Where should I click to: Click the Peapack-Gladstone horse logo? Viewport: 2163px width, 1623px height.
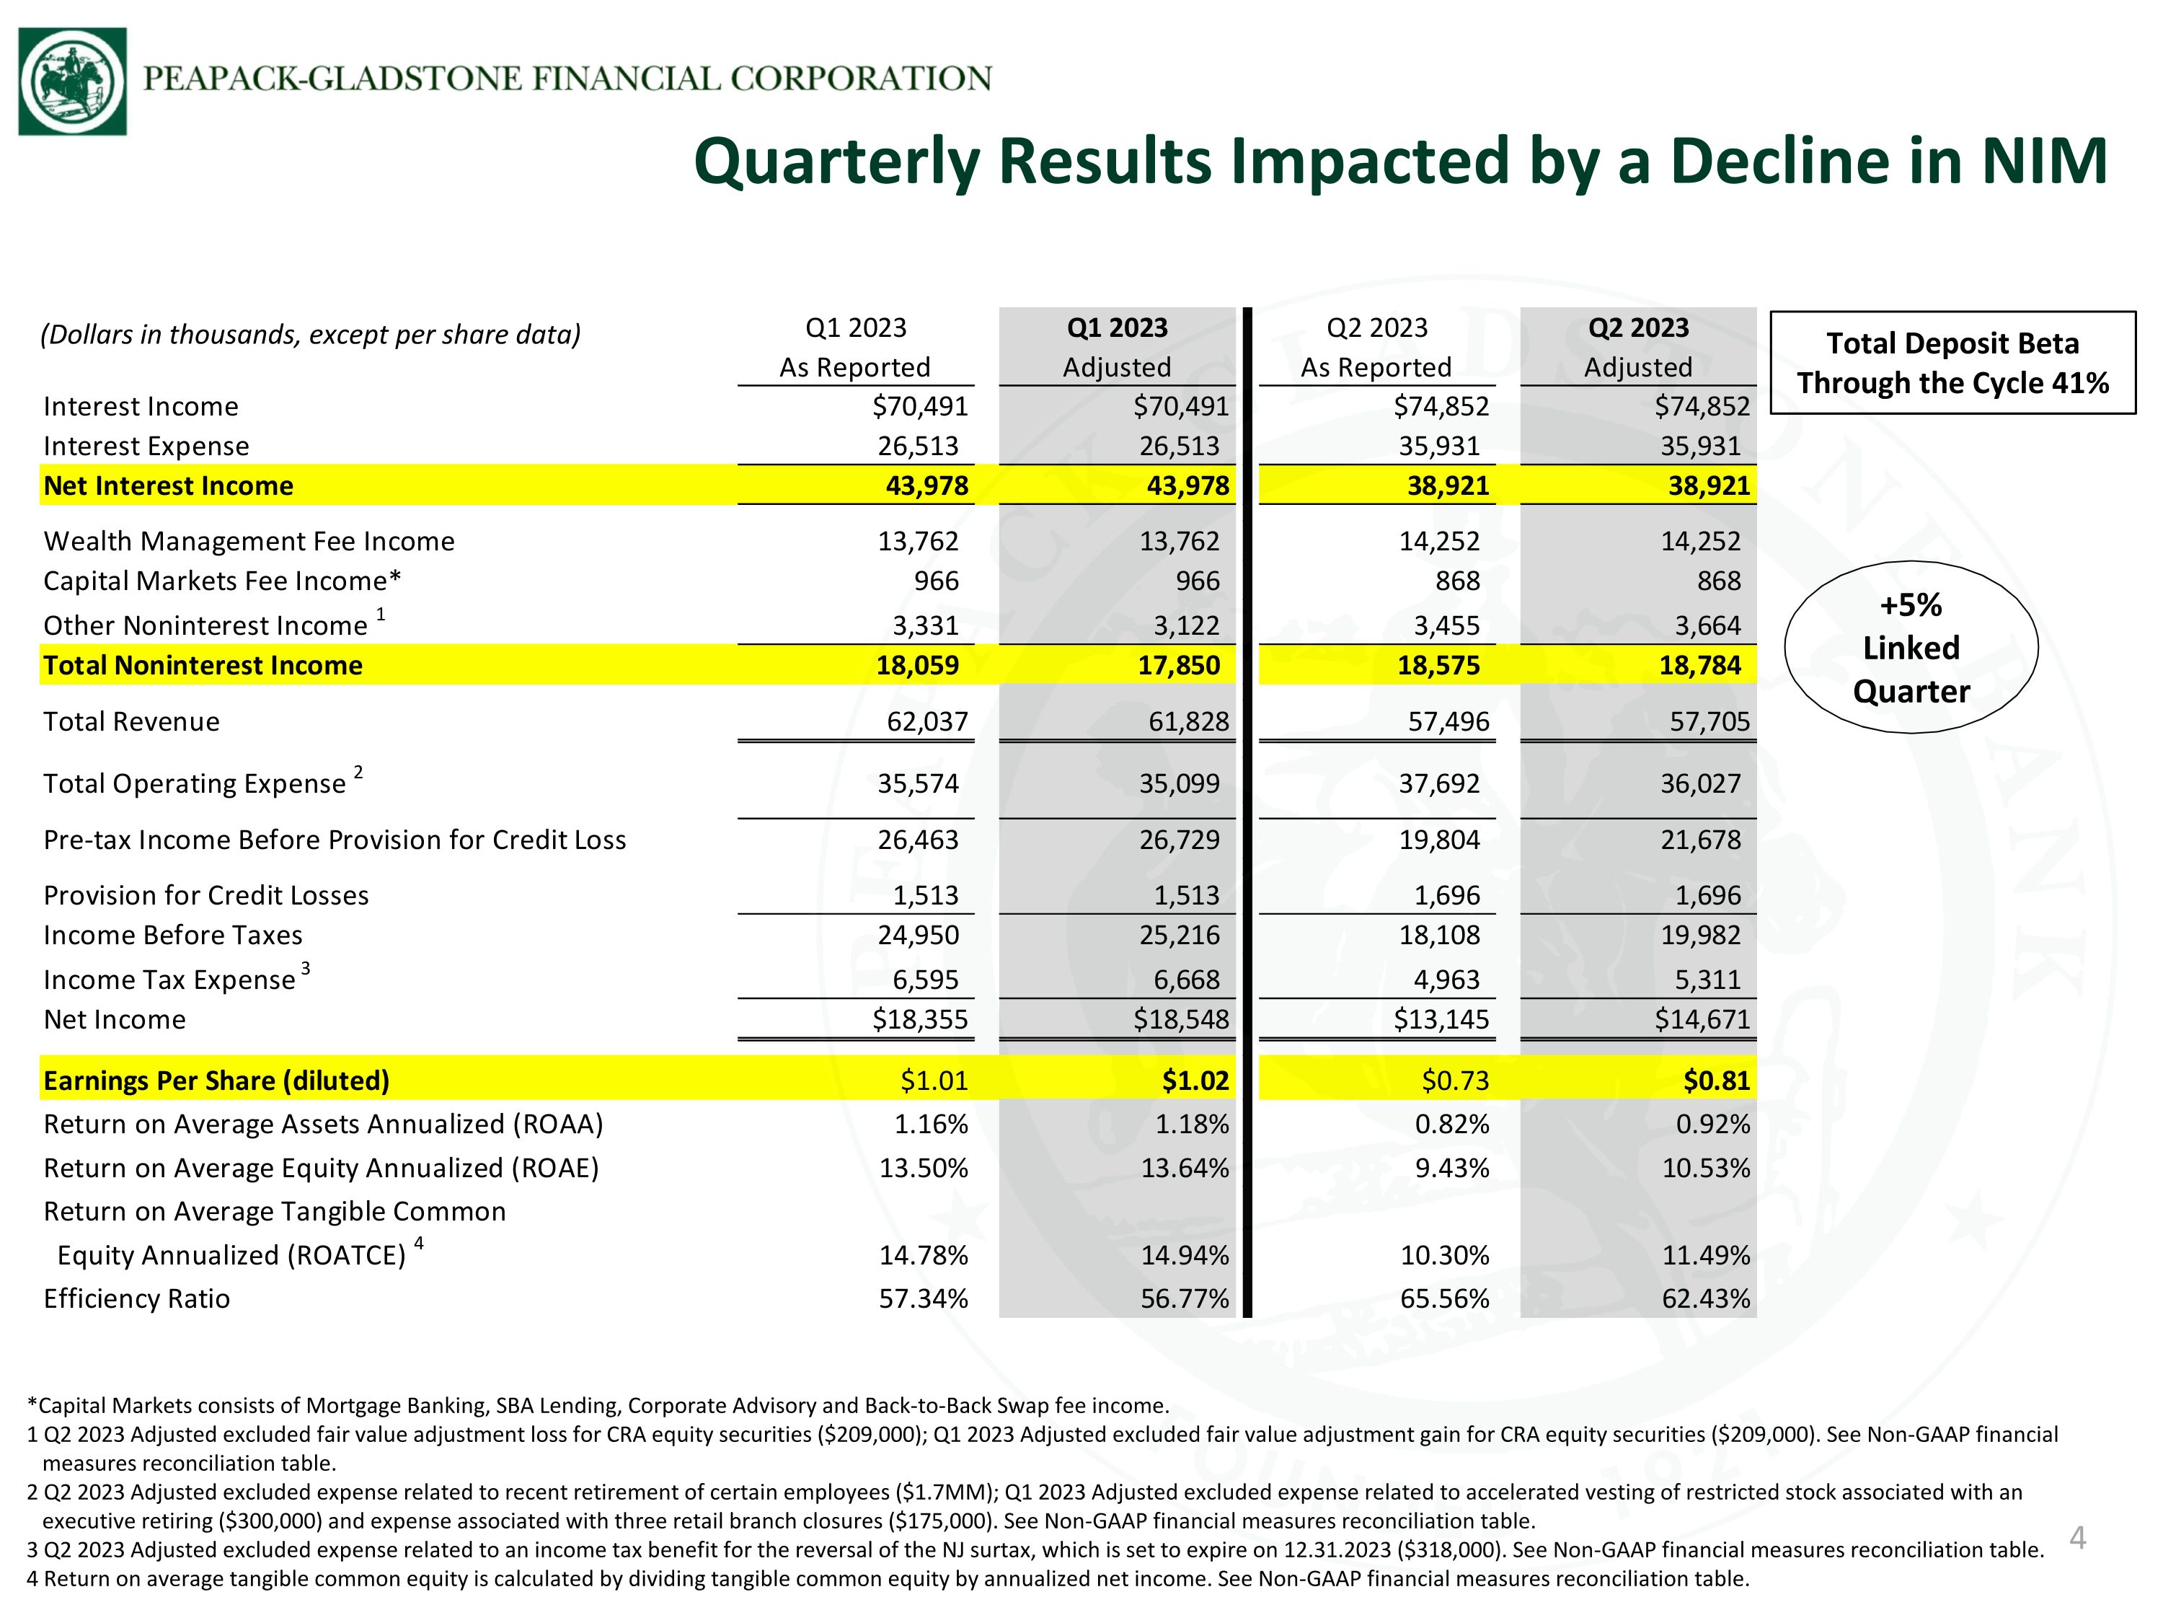tap(72, 82)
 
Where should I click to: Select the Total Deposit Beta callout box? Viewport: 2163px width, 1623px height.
tap(1952, 363)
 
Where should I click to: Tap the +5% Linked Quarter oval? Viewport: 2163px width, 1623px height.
tap(1911, 648)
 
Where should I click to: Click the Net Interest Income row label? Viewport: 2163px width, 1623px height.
tap(168, 485)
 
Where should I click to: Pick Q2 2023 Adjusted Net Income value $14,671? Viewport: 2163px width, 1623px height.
tap(1702, 1019)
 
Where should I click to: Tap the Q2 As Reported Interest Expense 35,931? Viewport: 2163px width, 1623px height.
tap(1439, 446)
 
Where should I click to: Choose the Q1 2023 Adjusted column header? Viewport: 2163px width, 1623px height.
tap(1117, 346)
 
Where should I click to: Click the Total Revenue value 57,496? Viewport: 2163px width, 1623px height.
tap(1448, 721)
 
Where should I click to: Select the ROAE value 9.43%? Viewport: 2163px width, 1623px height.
tap(1452, 1168)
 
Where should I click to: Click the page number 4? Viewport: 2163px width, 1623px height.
tap(2078, 1539)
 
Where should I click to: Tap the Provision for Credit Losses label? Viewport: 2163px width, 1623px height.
tap(205, 895)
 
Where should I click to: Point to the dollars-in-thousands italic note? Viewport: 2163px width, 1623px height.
tap(310, 335)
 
